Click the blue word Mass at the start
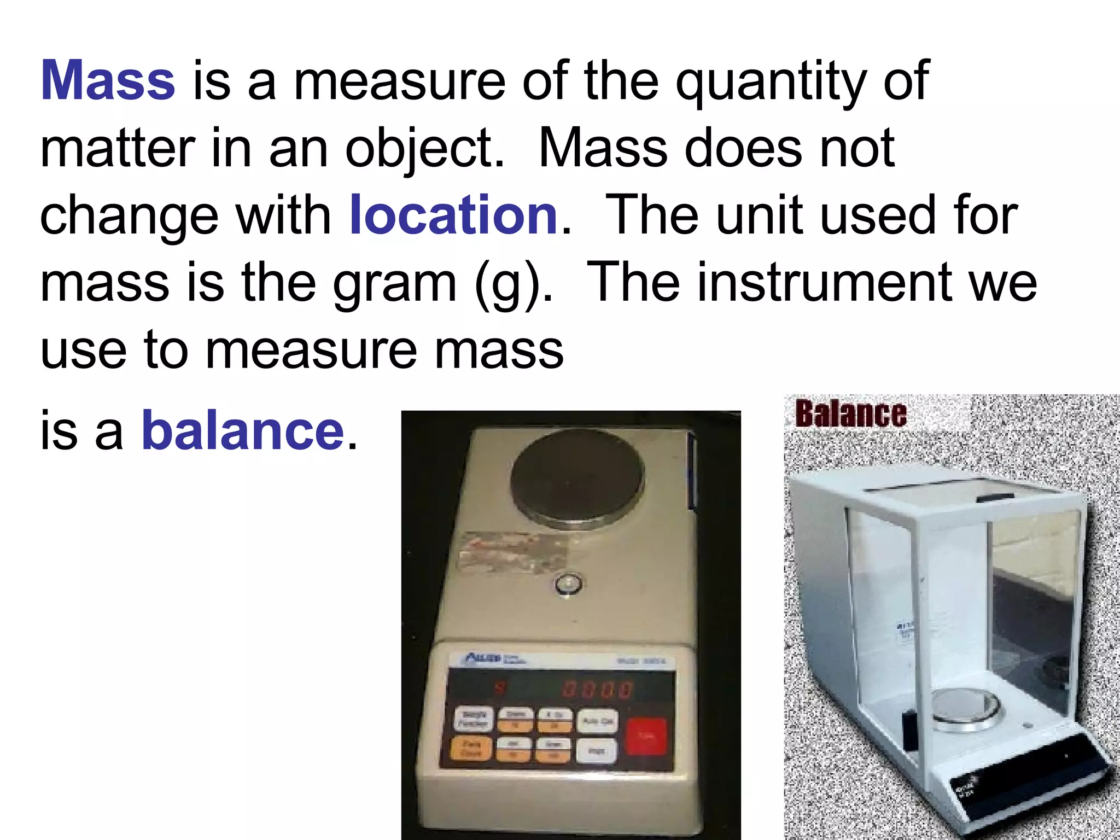pyautogui.click(x=108, y=81)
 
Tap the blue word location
pyautogui.click(x=453, y=215)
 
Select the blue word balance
pyautogui.click(x=242, y=431)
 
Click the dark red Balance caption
pyautogui.click(x=850, y=413)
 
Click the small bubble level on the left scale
pyautogui.click(x=568, y=585)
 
